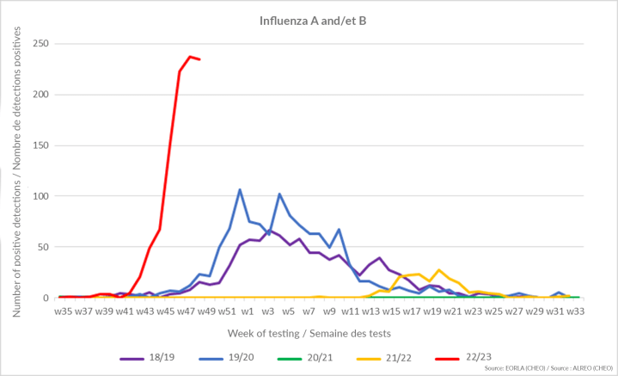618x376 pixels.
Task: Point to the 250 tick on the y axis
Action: pyautogui.click(x=39, y=43)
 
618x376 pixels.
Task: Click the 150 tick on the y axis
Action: pyautogui.click(x=39, y=145)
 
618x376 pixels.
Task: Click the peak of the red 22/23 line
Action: pyautogui.click(x=190, y=57)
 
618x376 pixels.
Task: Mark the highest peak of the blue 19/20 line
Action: pyautogui.click(x=240, y=189)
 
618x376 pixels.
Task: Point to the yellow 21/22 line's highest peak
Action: pyautogui.click(x=438, y=270)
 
